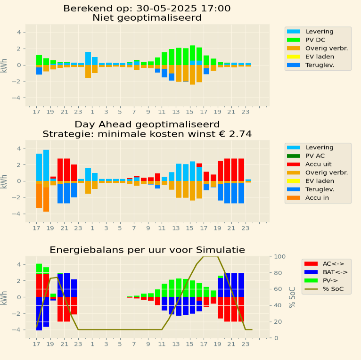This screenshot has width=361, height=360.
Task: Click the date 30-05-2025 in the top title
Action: [167, 8]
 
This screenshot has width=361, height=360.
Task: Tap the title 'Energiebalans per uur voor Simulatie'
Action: [148, 249]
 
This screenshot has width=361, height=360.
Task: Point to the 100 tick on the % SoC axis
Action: [279, 256]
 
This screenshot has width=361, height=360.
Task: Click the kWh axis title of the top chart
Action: [4, 65]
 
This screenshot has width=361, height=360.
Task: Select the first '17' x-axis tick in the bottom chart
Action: [36, 344]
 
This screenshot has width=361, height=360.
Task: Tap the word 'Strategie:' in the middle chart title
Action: [65, 134]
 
